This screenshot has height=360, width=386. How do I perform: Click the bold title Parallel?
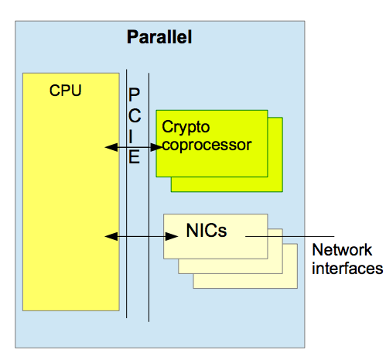coord(159,37)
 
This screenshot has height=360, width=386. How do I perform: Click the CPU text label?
coord(65,91)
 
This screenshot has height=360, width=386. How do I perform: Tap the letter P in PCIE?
coord(134,94)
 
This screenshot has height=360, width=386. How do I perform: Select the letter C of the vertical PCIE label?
coord(135,115)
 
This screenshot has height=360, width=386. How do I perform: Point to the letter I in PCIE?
coord(131,136)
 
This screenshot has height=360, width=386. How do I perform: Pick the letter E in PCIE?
coord(134,156)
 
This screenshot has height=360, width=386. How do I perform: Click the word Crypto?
coord(186,127)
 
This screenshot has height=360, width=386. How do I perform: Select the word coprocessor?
coord(207,145)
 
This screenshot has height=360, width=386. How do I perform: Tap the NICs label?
coord(207,230)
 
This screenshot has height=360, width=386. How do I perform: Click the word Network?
coord(342,250)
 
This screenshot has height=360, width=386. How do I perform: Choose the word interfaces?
coord(347,268)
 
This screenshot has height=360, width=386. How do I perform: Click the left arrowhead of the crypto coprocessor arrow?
coord(111,147)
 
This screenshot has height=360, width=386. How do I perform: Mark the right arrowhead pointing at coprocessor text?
coord(157,147)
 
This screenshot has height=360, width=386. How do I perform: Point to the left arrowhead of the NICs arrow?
coord(111,236)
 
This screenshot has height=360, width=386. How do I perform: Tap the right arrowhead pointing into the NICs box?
coord(172,236)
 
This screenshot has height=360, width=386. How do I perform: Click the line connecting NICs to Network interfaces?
coord(290,236)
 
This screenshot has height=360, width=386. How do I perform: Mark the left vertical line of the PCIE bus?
coord(126,194)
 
